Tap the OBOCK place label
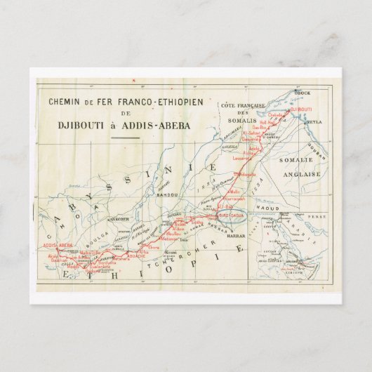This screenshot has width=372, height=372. [x=303, y=92]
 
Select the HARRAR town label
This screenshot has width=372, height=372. [x=235, y=237]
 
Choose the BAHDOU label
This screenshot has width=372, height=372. [x=167, y=193]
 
